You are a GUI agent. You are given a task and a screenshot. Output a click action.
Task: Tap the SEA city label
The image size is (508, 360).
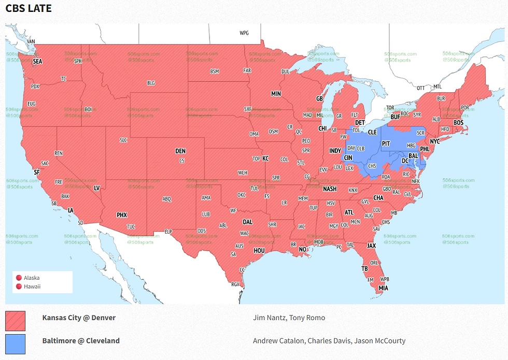[37, 61]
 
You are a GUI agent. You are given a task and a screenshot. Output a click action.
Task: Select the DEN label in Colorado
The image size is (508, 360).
[180, 151]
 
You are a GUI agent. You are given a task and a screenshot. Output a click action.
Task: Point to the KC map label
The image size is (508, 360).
[265, 158]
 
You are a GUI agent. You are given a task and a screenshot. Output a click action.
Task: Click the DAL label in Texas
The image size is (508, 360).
[247, 222]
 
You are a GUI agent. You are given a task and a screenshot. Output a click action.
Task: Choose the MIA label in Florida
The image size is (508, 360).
[383, 288]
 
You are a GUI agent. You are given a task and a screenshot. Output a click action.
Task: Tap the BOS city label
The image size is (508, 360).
[458, 123]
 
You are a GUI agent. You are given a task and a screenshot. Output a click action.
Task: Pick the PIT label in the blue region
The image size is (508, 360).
[386, 142]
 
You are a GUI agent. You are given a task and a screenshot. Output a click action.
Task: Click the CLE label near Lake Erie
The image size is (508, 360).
[372, 132]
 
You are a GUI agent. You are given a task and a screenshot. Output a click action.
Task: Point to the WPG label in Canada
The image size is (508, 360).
[244, 33]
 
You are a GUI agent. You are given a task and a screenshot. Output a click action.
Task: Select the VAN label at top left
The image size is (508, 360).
[31, 41]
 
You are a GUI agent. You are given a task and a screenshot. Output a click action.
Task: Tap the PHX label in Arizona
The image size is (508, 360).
[121, 215]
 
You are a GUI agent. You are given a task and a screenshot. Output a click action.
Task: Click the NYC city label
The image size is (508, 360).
[434, 141]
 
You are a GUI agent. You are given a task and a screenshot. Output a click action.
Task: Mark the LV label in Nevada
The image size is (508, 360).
[96, 188]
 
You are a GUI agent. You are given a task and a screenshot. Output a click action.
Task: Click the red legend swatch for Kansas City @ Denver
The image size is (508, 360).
[15, 321]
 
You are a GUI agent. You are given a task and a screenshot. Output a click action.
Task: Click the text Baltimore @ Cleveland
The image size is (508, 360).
[81, 341]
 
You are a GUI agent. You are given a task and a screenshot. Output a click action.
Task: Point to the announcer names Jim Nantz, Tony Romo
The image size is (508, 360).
[289, 318]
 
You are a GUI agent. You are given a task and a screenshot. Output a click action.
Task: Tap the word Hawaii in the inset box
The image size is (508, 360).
[32, 286]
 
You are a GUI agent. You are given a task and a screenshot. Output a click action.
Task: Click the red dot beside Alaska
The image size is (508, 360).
[19, 278]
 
